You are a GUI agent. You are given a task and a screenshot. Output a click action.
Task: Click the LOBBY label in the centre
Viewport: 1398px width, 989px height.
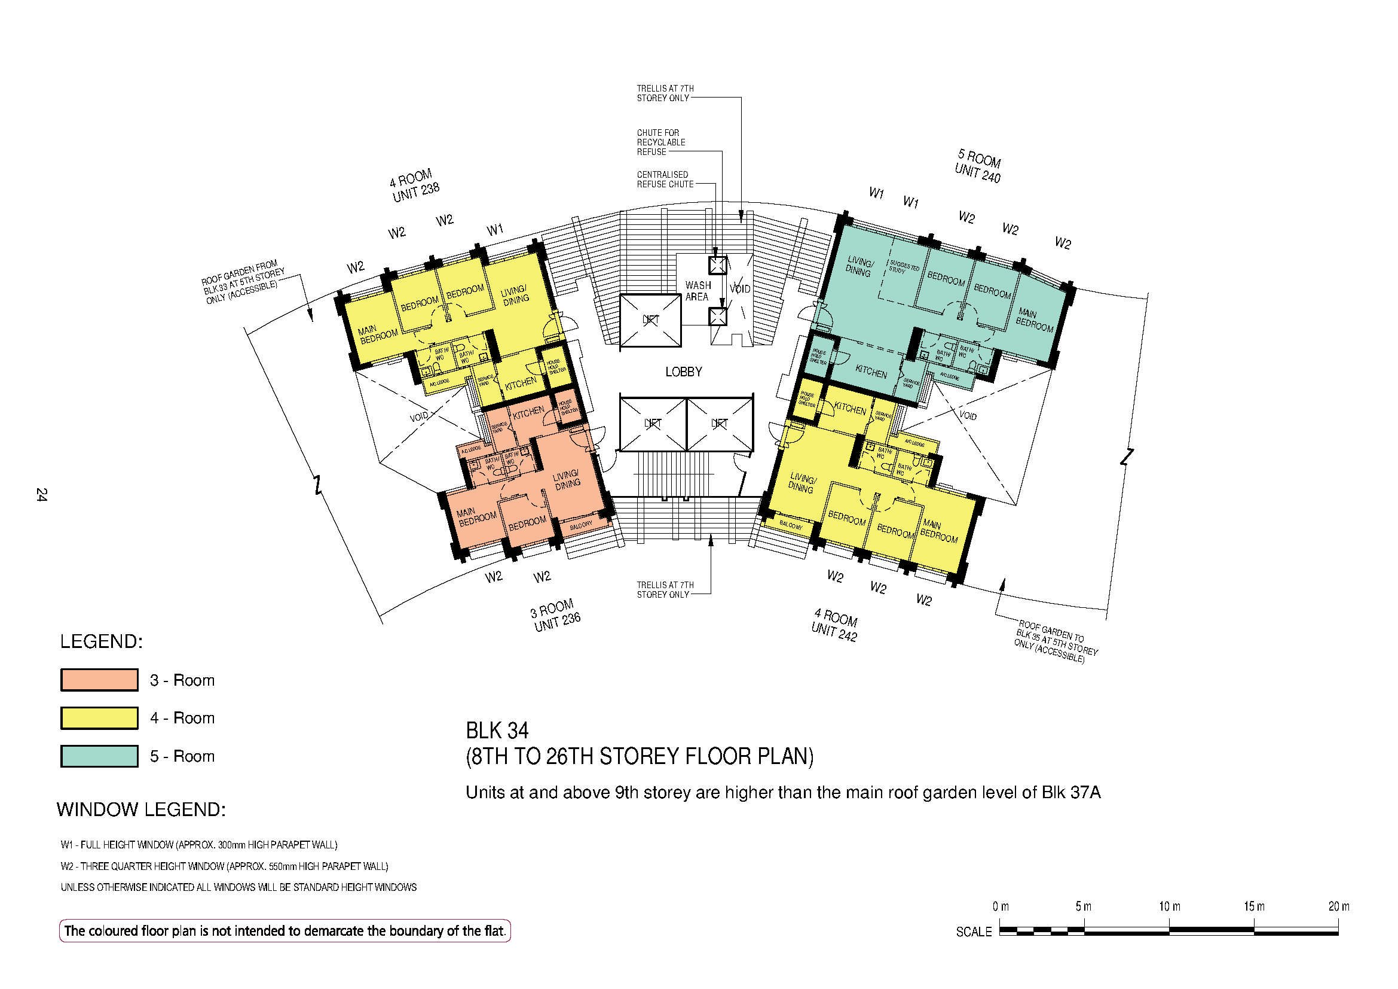click(x=683, y=372)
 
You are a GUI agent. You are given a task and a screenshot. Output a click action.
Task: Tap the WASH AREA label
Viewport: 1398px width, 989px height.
click(x=697, y=291)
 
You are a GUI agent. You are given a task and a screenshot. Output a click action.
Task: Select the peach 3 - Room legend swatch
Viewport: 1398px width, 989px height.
click(x=99, y=680)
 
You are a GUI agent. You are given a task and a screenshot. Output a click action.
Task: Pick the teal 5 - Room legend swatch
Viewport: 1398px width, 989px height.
click(x=99, y=756)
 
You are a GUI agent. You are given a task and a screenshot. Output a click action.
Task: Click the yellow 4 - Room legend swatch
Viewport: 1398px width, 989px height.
click(x=99, y=718)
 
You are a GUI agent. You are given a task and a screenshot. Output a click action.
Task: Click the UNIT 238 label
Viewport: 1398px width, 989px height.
click(x=416, y=193)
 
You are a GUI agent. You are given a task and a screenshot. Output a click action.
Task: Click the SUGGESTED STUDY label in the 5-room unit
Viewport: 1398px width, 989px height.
click(x=904, y=267)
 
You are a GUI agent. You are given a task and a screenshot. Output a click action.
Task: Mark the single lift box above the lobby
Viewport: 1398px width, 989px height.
click(x=650, y=321)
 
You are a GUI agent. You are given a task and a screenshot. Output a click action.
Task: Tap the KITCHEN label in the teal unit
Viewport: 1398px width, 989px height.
click(x=871, y=372)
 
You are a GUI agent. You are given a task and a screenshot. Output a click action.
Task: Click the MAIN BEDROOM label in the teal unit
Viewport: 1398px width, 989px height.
click(x=1033, y=320)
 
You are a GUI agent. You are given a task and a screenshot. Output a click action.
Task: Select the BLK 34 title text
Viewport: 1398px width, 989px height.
click(x=497, y=730)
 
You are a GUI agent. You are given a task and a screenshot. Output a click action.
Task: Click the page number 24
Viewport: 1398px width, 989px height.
click(x=41, y=494)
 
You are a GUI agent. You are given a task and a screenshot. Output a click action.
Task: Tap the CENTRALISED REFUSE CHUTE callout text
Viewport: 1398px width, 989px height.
click(x=665, y=179)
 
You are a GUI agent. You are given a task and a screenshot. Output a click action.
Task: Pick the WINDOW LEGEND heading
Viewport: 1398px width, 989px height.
click(x=141, y=810)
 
